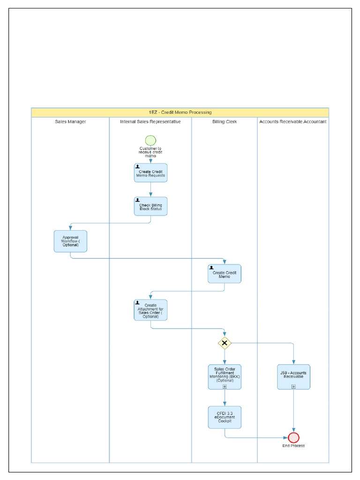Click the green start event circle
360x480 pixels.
150,140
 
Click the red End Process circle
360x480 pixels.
293,437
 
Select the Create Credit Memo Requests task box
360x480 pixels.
150,173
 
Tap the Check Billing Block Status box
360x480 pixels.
150,206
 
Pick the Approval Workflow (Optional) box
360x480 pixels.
70,241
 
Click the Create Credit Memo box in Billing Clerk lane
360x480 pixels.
225,274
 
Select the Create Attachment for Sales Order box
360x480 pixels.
150,310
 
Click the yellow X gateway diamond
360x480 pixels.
225,343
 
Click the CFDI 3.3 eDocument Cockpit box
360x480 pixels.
225,417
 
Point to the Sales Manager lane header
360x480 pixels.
70,121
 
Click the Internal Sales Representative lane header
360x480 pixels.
150,121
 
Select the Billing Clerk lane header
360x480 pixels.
225,121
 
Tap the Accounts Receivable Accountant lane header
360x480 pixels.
293,121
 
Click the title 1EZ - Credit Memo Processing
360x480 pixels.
180,112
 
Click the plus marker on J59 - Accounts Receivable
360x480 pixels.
293,387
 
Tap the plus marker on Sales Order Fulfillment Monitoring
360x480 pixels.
225,387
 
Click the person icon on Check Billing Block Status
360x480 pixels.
137,200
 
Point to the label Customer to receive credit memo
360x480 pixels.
150,152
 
